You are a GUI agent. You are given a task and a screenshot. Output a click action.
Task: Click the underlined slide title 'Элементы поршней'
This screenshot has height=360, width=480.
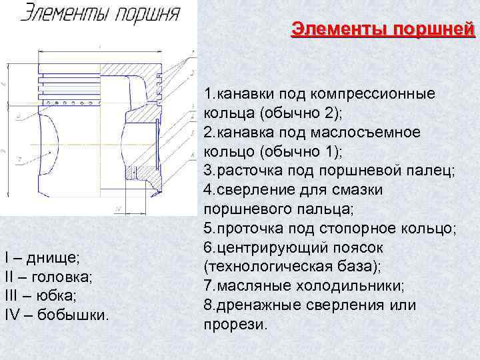pyautogui.click(x=383, y=30)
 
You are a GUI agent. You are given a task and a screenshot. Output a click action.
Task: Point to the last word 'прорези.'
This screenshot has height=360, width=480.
pyautogui.click(x=235, y=325)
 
